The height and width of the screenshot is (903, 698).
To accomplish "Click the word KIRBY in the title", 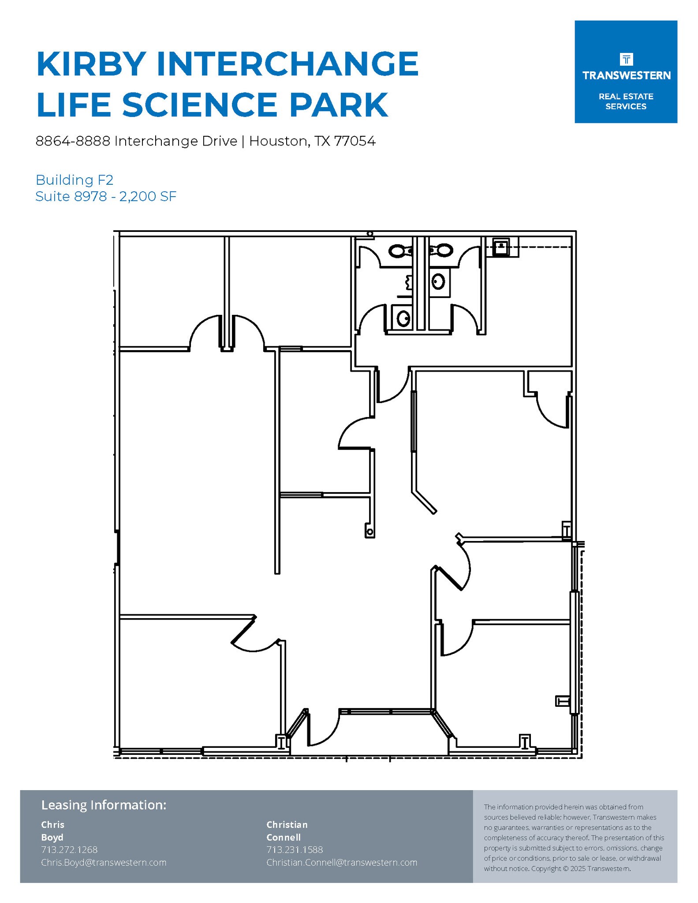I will pyautogui.click(x=91, y=64).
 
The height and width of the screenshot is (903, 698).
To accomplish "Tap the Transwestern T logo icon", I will pyautogui.click(x=626, y=59).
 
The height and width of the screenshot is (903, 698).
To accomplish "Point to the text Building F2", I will pyautogui.click(x=74, y=180).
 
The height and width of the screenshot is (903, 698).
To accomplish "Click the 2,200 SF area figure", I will pyautogui.click(x=148, y=196).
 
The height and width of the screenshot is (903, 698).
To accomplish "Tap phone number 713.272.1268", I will pyautogui.click(x=69, y=849).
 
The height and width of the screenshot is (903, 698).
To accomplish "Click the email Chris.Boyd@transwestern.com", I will pyautogui.click(x=104, y=862).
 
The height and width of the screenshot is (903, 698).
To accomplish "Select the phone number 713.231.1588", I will pyautogui.click(x=295, y=849).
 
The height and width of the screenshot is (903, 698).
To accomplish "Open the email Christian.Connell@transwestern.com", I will pyautogui.click(x=342, y=862).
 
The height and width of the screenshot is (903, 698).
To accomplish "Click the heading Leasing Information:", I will pyautogui.click(x=104, y=805).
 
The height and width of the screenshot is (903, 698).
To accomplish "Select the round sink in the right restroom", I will pyautogui.click(x=438, y=281).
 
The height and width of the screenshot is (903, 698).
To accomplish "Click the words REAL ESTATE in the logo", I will pyautogui.click(x=626, y=97).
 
